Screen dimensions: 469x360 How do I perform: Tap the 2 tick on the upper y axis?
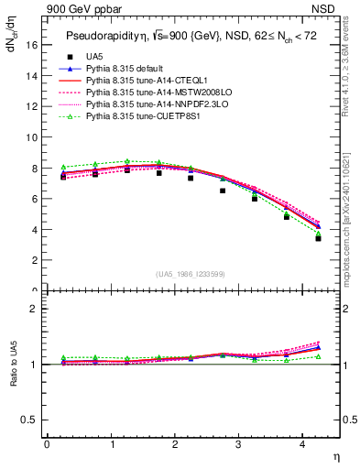[x=33, y=260]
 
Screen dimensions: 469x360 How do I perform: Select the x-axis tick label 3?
[x=239, y=445]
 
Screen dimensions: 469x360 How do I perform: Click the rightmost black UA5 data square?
[x=318, y=238]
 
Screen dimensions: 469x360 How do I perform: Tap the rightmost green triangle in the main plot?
[x=318, y=234]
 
